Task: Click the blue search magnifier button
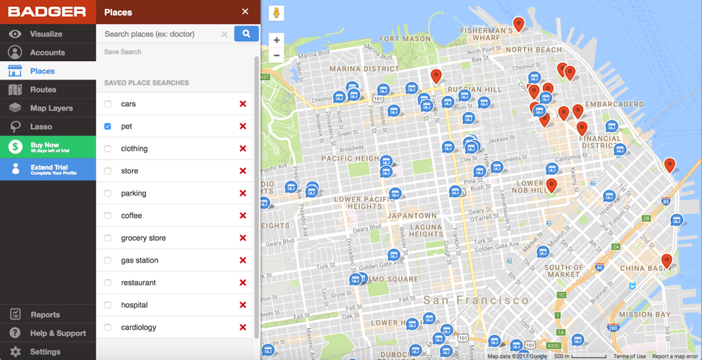[246, 34]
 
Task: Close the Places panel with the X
[245, 12]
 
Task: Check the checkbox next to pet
[108, 126]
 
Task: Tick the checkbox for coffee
[108, 215]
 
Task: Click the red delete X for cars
[243, 104]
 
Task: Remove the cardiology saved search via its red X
[243, 328]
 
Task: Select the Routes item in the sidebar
[43, 89]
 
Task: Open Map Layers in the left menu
[51, 108]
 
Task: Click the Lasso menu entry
[41, 127]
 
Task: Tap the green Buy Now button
[48, 148]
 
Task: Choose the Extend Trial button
[48, 170]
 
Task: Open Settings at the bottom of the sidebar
[45, 352]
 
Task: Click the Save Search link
[122, 52]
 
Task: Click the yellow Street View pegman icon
[277, 13]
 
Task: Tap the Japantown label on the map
[411, 216]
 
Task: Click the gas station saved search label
[139, 260]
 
